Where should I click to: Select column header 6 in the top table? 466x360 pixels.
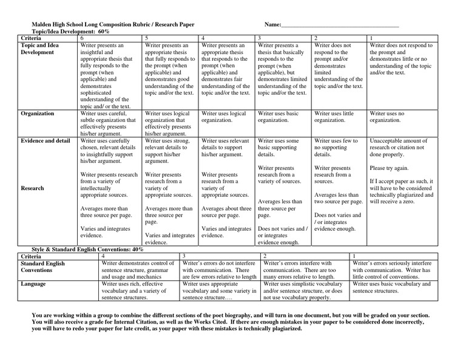click(83, 38)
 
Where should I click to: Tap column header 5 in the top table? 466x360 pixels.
click(147, 38)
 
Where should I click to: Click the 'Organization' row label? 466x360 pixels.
click(38, 114)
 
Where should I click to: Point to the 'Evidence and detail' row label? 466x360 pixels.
click(46, 140)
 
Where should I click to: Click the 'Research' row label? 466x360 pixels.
click(33, 188)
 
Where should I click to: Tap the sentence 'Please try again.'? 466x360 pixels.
click(390, 168)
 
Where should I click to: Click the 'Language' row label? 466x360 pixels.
click(33, 284)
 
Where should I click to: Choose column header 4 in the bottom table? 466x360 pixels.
click(104, 256)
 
